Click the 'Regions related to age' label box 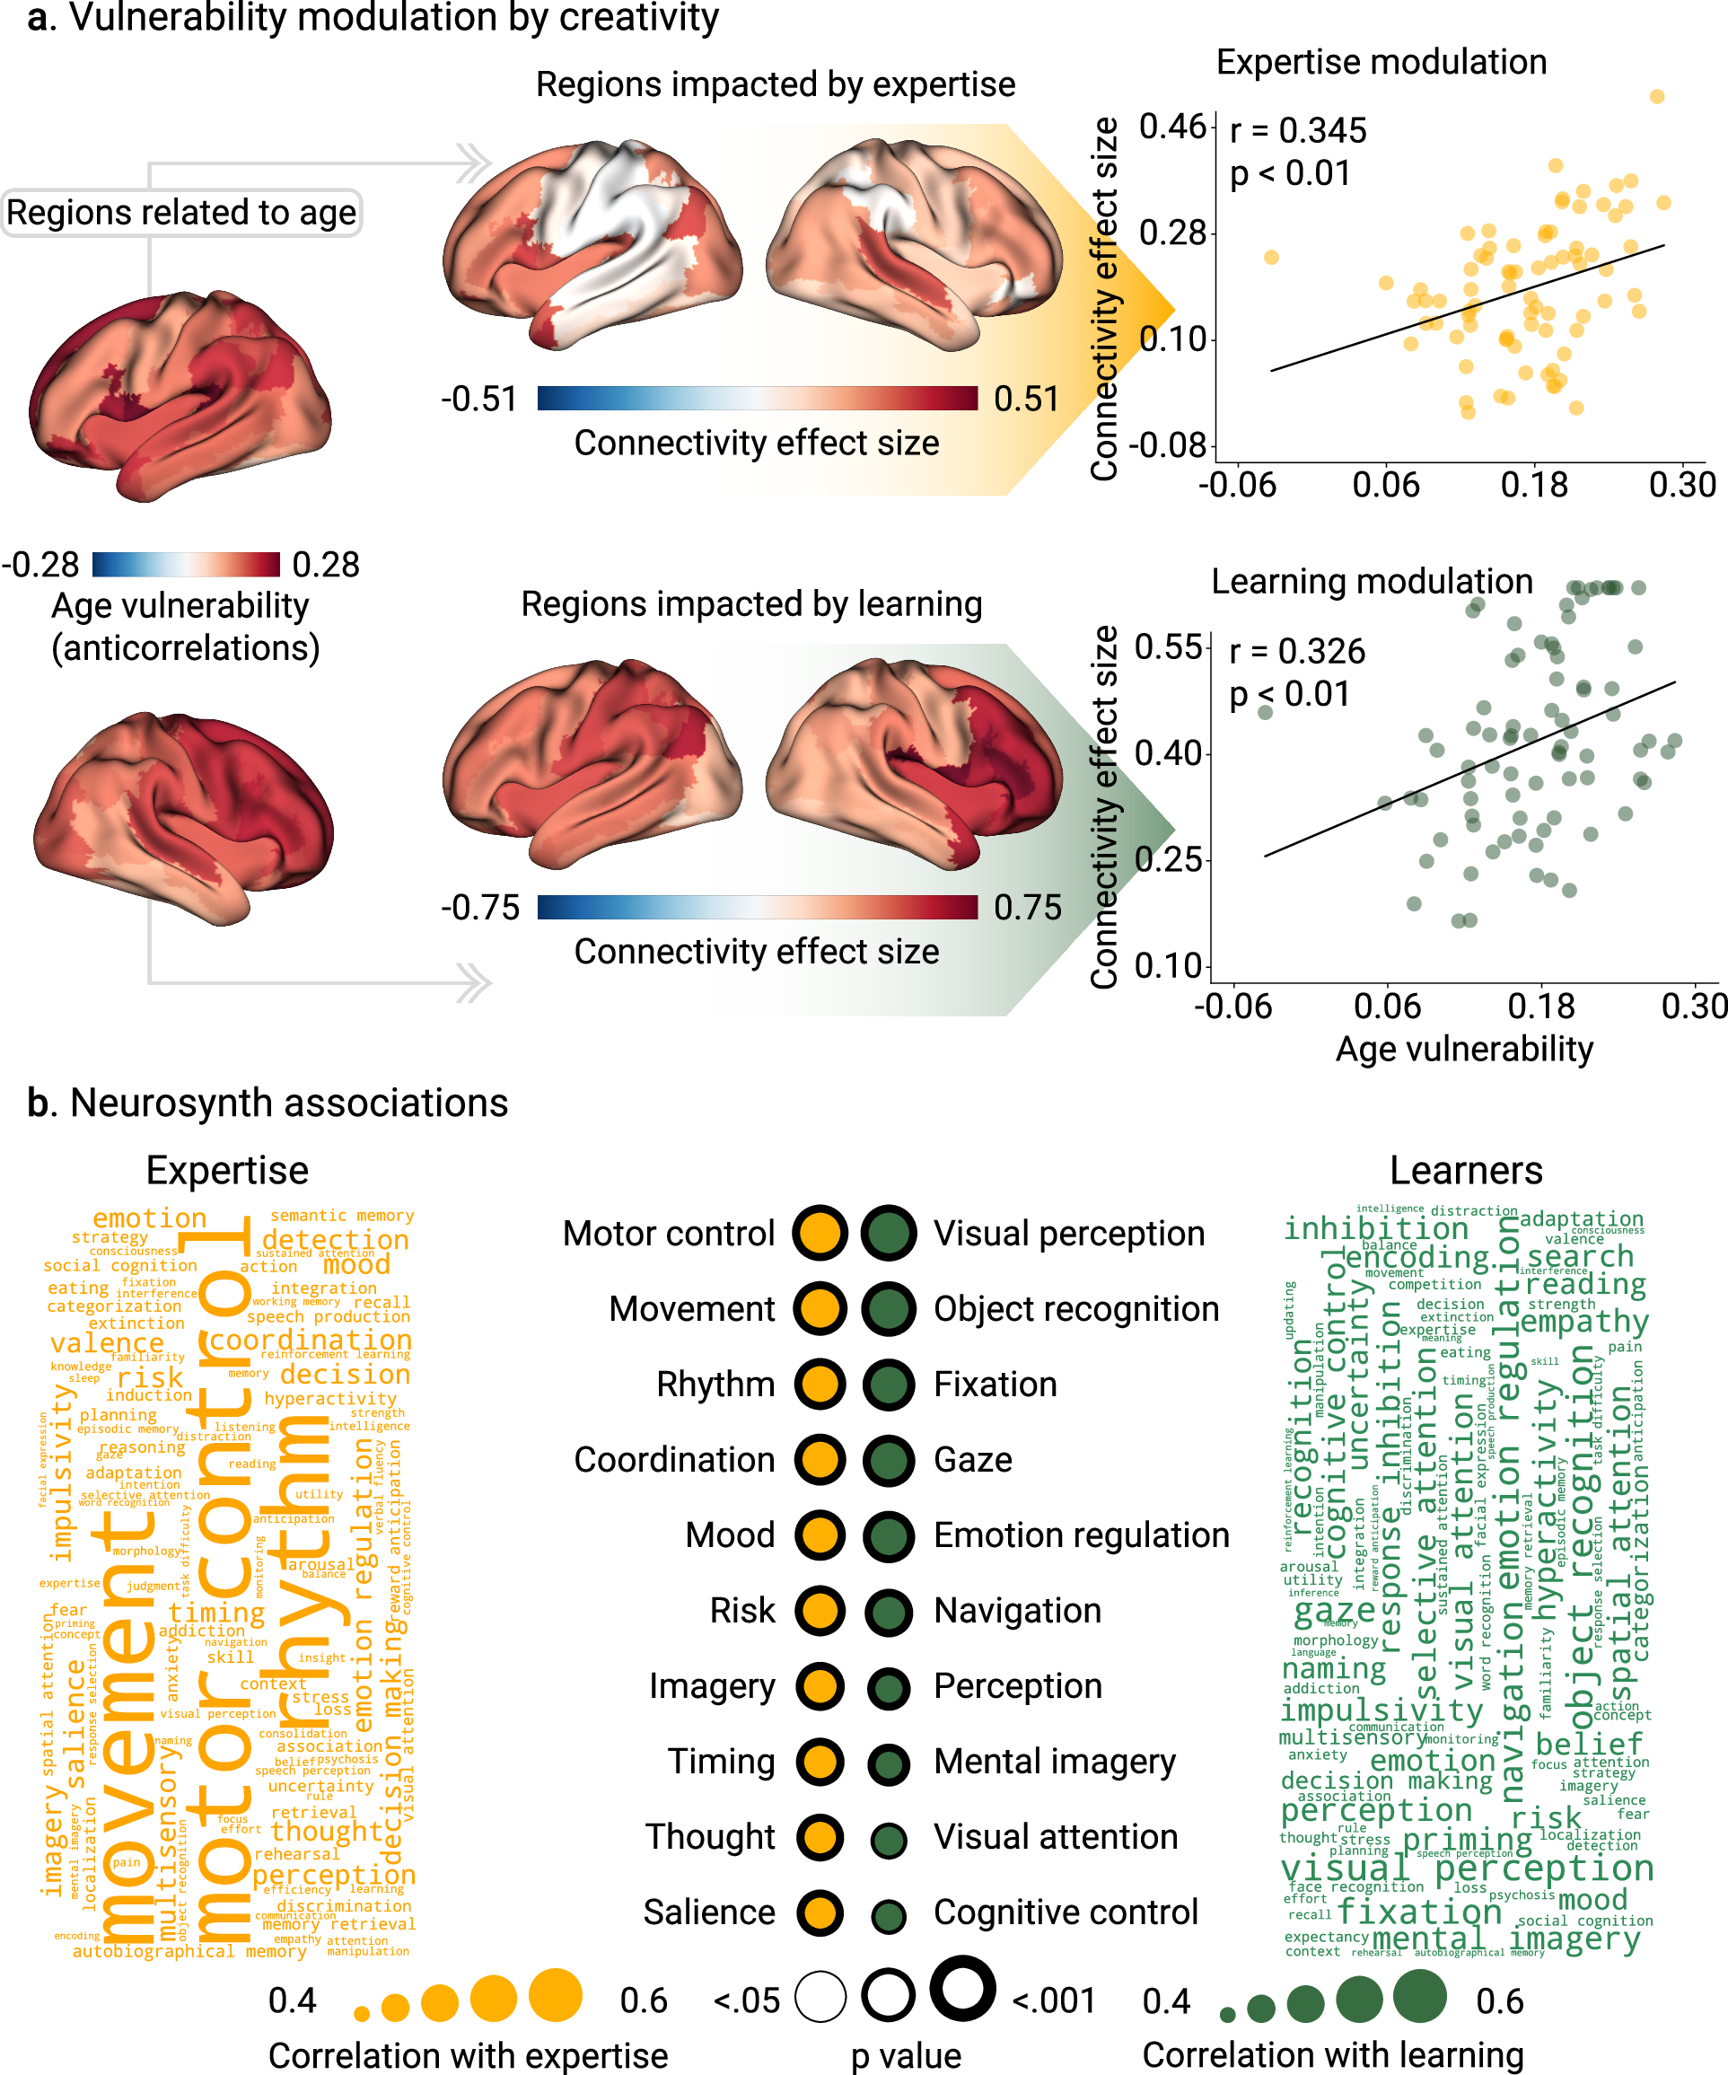(x=180, y=213)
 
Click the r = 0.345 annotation (x=1297, y=130)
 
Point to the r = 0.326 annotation (x=1296, y=651)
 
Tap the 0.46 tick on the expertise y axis (x=1172, y=127)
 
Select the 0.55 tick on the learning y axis (x=1169, y=647)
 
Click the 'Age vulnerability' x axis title (x=1463, y=1049)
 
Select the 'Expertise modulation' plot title (x=1381, y=62)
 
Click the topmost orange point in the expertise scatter (x=1657, y=96)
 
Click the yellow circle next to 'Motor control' (x=819, y=1233)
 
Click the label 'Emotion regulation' (x=1081, y=1535)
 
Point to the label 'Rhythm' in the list (x=715, y=1385)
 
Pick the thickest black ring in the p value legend (x=961, y=1988)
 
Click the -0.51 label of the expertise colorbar (x=479, y=400)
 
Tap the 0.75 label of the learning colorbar (x=1027, y=907)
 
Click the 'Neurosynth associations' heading (x=288, y=1103)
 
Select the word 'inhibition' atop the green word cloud (x=1375, y=1228)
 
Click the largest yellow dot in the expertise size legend (x=556, y=1994)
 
